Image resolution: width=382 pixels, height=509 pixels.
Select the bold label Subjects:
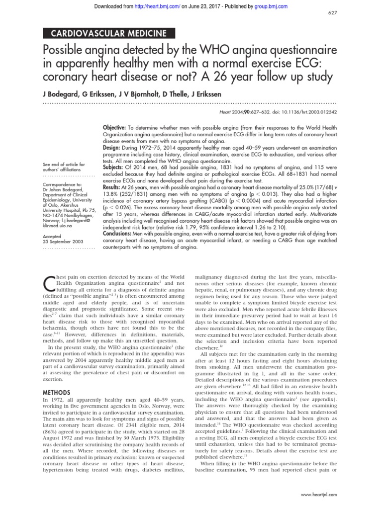(x=114, y=167)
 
